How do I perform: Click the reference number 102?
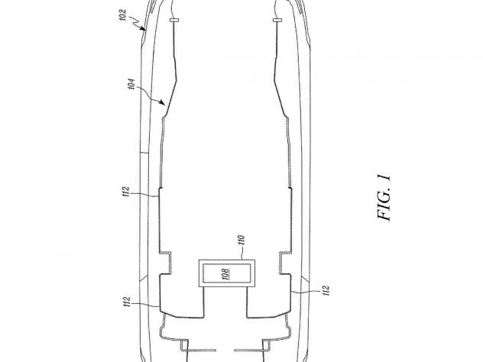[122, 15]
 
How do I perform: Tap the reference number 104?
[131, 84]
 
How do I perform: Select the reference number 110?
[241, 240]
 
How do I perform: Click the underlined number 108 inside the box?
[226, 273]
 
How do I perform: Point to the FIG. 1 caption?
[384, 198]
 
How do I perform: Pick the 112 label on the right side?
[326, 290]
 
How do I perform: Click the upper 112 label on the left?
[126, 192]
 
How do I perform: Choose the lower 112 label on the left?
[127, 302]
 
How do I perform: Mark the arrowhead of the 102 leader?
[143, 29]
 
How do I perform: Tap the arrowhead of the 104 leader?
[163, 102]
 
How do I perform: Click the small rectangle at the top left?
[174, 21]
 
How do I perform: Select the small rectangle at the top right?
[277, 21]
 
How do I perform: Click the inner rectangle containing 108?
[227, 273]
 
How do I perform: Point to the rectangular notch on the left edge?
[165, 263]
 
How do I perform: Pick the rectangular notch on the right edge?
[285, 263]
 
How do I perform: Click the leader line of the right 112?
[306, 292]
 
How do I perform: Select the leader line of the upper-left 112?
[144, 195]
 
